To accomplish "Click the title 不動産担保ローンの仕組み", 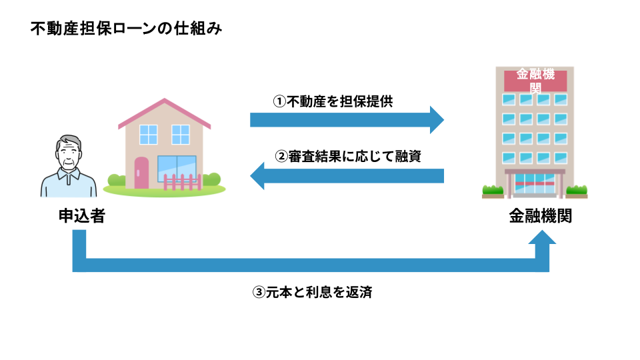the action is pos(126,29).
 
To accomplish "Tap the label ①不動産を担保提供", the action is pos(333,101).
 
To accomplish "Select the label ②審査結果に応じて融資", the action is pos(348,156).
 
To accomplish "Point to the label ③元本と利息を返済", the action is pos(312,292).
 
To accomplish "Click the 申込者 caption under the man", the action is pos(82,216).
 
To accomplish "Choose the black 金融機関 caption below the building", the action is pos(541,216).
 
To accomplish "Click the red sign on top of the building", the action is pos(535,81).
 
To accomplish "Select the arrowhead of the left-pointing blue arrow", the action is pos(257,176).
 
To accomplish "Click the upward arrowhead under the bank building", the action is pos(542,237).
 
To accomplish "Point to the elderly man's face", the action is pos(69,154).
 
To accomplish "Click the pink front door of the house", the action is pos(141,173).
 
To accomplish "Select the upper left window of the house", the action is pos(149,135).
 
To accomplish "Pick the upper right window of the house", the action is pos(181,135).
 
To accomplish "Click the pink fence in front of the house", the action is pos(183,182).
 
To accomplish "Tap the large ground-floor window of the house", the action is pos(177,168).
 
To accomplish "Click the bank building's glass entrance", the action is pos(535,184).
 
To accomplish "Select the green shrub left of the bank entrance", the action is pos(493,190).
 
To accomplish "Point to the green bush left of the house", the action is pos(117,180).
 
